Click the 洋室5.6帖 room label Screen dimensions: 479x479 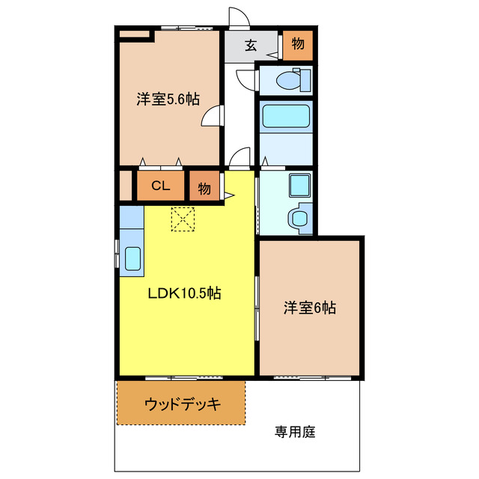pyautogui.click(x=168, y=99)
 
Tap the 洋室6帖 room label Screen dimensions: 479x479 pyautogui.click(x=309, y=307)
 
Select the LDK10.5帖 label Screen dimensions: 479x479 pyautogui.click(x=183, y=293)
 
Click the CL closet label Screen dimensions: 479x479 pyautogui.click(x=160, y=186)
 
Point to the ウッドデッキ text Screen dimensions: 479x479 pyautogui.click(x=182, y=404)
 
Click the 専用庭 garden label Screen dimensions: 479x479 pyautogui.click(x=295, y=432)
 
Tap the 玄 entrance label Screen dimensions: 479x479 pyautogui.click(x=251, y=45)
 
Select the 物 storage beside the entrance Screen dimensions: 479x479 pyautogui.click(x=298, y=44)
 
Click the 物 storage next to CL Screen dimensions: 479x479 pyautogui.click(x=204, y=188)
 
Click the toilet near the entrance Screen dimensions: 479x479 pyautogui.click(x=287, y=79)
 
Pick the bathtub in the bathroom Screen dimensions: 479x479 pyautogui.click(x=285, y=116)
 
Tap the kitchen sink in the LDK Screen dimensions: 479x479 pyautogui.click(x=132, y=258)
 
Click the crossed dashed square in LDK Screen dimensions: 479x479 pyautogui.click(x=183, y=219)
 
